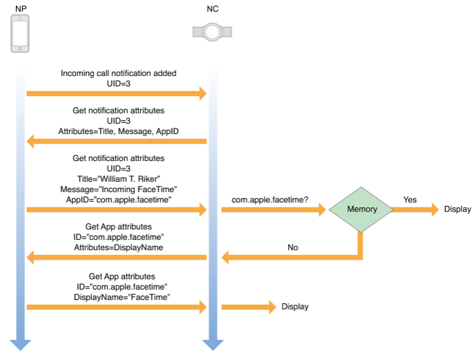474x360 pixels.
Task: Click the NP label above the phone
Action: click(x=21, y=9)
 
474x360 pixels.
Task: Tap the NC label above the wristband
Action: click(x=213, y=9)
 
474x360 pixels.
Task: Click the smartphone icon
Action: click(x=20, y=34)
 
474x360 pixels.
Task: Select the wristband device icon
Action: click(x=212, y=32)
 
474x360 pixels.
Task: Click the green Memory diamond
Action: click(x=361, y=209)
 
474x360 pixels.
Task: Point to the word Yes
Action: click(x=410, y=200)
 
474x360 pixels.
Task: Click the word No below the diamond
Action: click(x=293, y=247)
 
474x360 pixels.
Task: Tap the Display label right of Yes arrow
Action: click(x=457, y=209)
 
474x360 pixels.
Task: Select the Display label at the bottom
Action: click(x=295, y=307)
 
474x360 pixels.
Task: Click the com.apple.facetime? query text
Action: click(x=269, y=200)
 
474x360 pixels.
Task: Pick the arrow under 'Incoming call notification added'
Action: click(x=117, y=93)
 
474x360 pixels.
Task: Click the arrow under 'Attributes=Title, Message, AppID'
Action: click(x=117, y=141)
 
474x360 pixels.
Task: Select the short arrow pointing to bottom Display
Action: click(x=249, y=307)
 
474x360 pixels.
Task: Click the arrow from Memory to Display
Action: click(x=415, y=209)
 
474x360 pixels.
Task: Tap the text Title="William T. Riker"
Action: click(x=119, y=179)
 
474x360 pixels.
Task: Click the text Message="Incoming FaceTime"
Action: click(x=119, y=189)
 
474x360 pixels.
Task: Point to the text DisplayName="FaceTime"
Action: click(x=122, y=297)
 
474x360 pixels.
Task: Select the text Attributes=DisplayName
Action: click(x=119, y=247)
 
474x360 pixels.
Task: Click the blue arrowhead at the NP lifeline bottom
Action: click(x=20, y=345)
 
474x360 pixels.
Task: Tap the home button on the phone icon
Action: click(x=20, y=48)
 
